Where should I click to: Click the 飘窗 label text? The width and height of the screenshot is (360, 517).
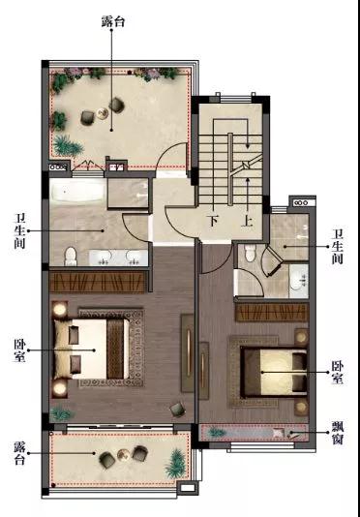tap(337, 433)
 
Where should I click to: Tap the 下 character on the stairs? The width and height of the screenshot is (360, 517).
tap(214, 221)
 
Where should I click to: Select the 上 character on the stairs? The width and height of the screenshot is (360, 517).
tap(247, 221)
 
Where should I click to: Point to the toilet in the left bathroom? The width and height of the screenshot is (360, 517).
tap(71, 257)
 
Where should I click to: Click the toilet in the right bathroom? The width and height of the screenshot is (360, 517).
tap(251, 254)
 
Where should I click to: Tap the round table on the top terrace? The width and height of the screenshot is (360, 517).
tap(103, 113)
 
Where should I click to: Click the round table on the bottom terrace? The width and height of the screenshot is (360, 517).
tap(124, 455)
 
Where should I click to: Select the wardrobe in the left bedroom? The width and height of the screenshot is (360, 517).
tap(97, 282)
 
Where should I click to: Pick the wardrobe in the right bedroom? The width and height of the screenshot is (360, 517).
tap(272, 313)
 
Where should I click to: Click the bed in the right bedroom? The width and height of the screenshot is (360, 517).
tap(274, 372)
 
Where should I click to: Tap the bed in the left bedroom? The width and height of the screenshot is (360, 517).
tap(92, 349)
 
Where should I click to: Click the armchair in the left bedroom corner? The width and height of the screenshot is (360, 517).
tap(178, 410)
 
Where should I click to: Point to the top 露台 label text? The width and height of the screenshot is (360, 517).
tap(113, 22)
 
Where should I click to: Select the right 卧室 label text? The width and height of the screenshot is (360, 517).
tap(337, 372)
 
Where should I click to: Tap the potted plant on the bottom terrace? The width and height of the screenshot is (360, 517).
tap(175, 463)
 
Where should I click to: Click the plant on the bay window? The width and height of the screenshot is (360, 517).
tap(216, 432)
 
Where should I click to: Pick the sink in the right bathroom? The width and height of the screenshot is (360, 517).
tap(299, 281)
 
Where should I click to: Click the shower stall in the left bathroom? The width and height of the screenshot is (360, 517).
tap(129, 194)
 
